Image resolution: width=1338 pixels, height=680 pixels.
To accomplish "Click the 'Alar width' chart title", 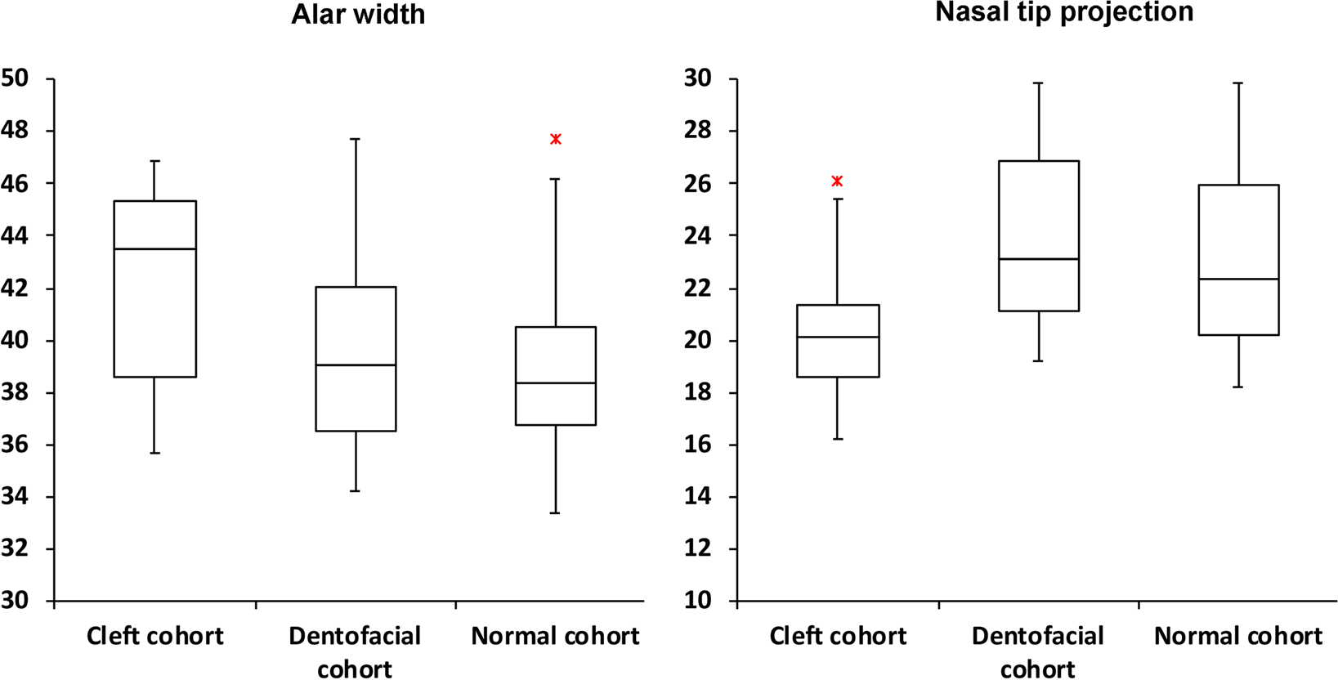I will pyautogui.click(x=358, y=15).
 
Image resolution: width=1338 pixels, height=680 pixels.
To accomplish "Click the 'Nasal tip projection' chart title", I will pyautogui.click(x=1063, y=12).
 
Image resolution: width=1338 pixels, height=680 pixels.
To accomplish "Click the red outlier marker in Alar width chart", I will pyautogui.click(x=556, y=139).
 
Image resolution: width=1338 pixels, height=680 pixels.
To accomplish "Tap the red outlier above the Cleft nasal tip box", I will pyautogui.click(x=837, y=181).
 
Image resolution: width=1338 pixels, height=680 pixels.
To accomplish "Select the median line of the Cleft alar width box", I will pyautogui.click(x=154, y=248).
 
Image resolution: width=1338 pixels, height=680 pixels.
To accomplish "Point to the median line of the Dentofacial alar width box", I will pyautogui.click(x=356, y=365).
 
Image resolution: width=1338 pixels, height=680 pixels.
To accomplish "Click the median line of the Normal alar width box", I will pyautogui.click(x=555, y=382).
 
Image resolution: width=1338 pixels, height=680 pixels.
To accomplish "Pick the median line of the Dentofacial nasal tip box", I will pyautogui.click(x=1038, y=259).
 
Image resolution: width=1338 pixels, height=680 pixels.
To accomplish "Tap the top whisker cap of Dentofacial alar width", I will pyautogui.click(x=356, y=139).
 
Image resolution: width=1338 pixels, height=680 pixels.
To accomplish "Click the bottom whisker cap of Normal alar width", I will pyautogui.click(x=555, y=512).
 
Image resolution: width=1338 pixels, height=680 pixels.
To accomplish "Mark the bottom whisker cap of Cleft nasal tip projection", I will pyautogui.click(x=838, y=439).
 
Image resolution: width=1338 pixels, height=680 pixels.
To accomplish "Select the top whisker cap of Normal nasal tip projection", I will pyautogui.click(x=1239, y=83).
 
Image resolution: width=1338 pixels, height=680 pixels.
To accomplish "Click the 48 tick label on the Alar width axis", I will pyautogui.click(x=15, y=131).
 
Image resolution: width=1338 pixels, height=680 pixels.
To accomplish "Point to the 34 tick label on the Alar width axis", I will pyautogui.click(x=15, y=496).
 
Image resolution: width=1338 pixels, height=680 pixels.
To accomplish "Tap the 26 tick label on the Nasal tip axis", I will pyautogui.click(x=698, y=183).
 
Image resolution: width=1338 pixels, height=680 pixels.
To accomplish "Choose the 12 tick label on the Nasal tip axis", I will pyautogui.click(x=698, y=548).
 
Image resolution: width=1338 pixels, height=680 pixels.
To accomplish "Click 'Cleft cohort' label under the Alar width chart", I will pyautogui.click(x=154, y=636).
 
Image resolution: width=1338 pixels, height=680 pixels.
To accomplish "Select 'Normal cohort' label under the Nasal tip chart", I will pyautogui.click(x=1237, y=636).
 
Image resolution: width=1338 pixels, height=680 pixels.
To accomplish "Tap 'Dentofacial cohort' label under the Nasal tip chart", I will pyautogui.click(x=1037, y=652).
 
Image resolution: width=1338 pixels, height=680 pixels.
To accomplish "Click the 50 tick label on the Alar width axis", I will pyautogui.click(x=15, y=78).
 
